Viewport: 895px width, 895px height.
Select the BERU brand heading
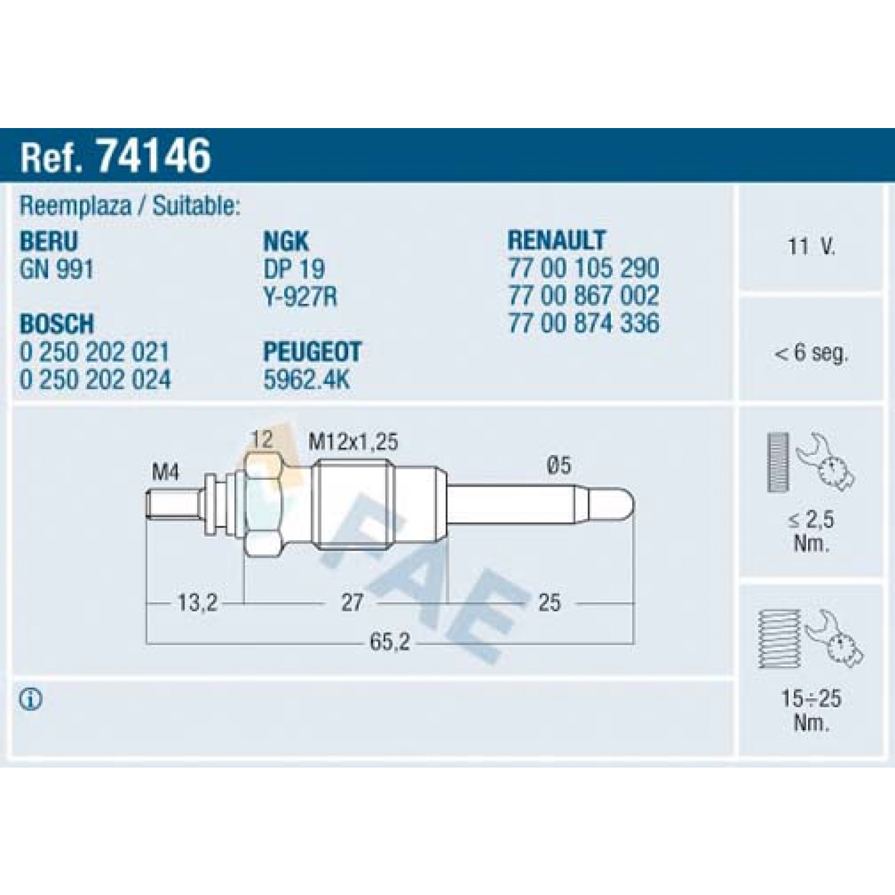click(x=48, y=242)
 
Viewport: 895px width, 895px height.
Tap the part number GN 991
click(x=57, y=269)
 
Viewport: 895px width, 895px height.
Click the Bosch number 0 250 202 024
click(x=95, y=380)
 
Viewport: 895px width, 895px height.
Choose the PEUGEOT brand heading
click(x=312, y=352)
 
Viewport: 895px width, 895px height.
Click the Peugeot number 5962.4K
click(x=306, y=380)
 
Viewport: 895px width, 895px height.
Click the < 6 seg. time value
click(x=811, y=354)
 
